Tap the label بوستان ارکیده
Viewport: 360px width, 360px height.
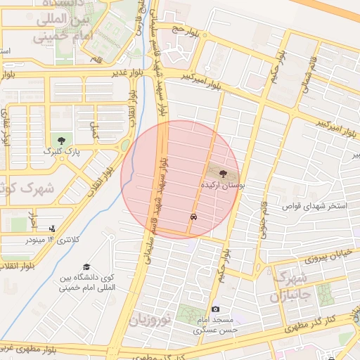pyautogui.click(x=222, y=184)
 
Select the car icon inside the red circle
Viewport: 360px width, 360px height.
pyautogui.click(x=193, y=217)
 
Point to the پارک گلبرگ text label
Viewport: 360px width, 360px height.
pyautogui.click(x=63, y=151)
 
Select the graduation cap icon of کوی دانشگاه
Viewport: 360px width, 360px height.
pyautogui.click(x=86, y=267)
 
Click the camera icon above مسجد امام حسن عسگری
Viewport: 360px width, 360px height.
pyautogui.click(x=215, y=309)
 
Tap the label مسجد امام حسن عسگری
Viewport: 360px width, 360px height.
pyautogui.click(x=216, y=324)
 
